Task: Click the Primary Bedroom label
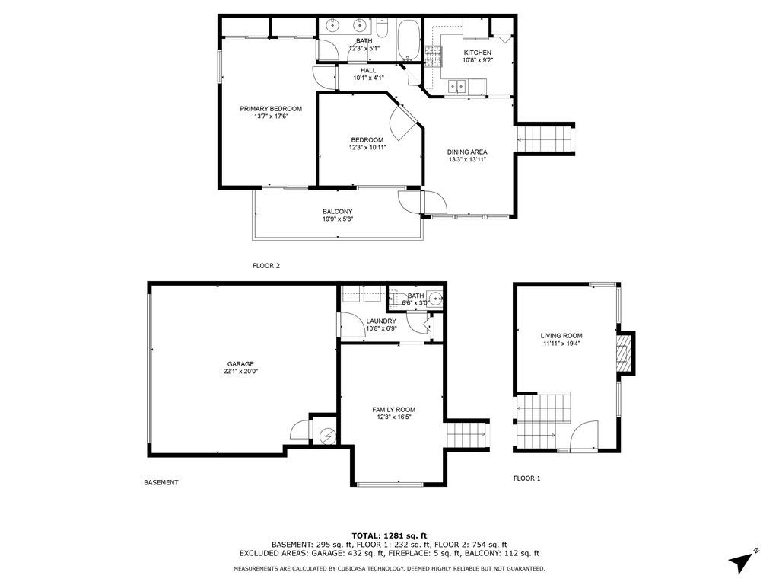coord(271,113)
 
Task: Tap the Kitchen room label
coord(478,56)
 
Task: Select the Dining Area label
coord(467,155)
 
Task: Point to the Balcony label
coord(337,215)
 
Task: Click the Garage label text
coord(240,368)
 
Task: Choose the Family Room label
coord(393,414)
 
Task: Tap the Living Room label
coord(561,339)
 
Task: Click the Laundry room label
coord(381,324)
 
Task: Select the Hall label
coord(368,74)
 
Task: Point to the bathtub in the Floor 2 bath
coord(409,39)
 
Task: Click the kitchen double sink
coord(457,87)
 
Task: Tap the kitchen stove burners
coord(433,56)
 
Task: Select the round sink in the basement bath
coord(436,299)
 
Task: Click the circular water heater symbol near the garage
coord(327,436)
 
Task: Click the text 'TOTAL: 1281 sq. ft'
coord(389,535)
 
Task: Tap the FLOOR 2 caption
coord(266,266)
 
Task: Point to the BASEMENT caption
coord(161,482)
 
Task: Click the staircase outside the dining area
coord(545,139)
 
